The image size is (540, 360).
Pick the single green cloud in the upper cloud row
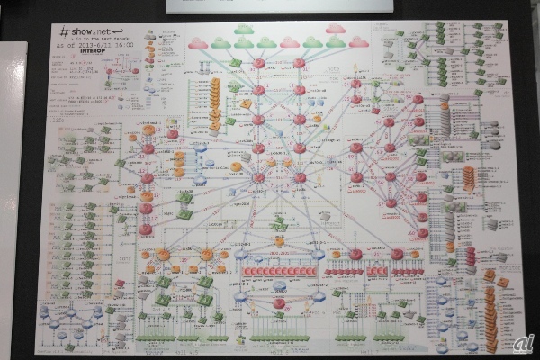click(x=244, y=29)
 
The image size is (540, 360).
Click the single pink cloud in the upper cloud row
click(x=335, y=29)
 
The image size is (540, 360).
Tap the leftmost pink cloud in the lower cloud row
click(x=198, y=42)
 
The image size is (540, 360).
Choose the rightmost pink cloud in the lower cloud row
click(x=358, y=42)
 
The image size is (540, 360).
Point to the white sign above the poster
click(x=279, y=4)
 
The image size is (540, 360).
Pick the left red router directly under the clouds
click(x=258, y=63)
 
